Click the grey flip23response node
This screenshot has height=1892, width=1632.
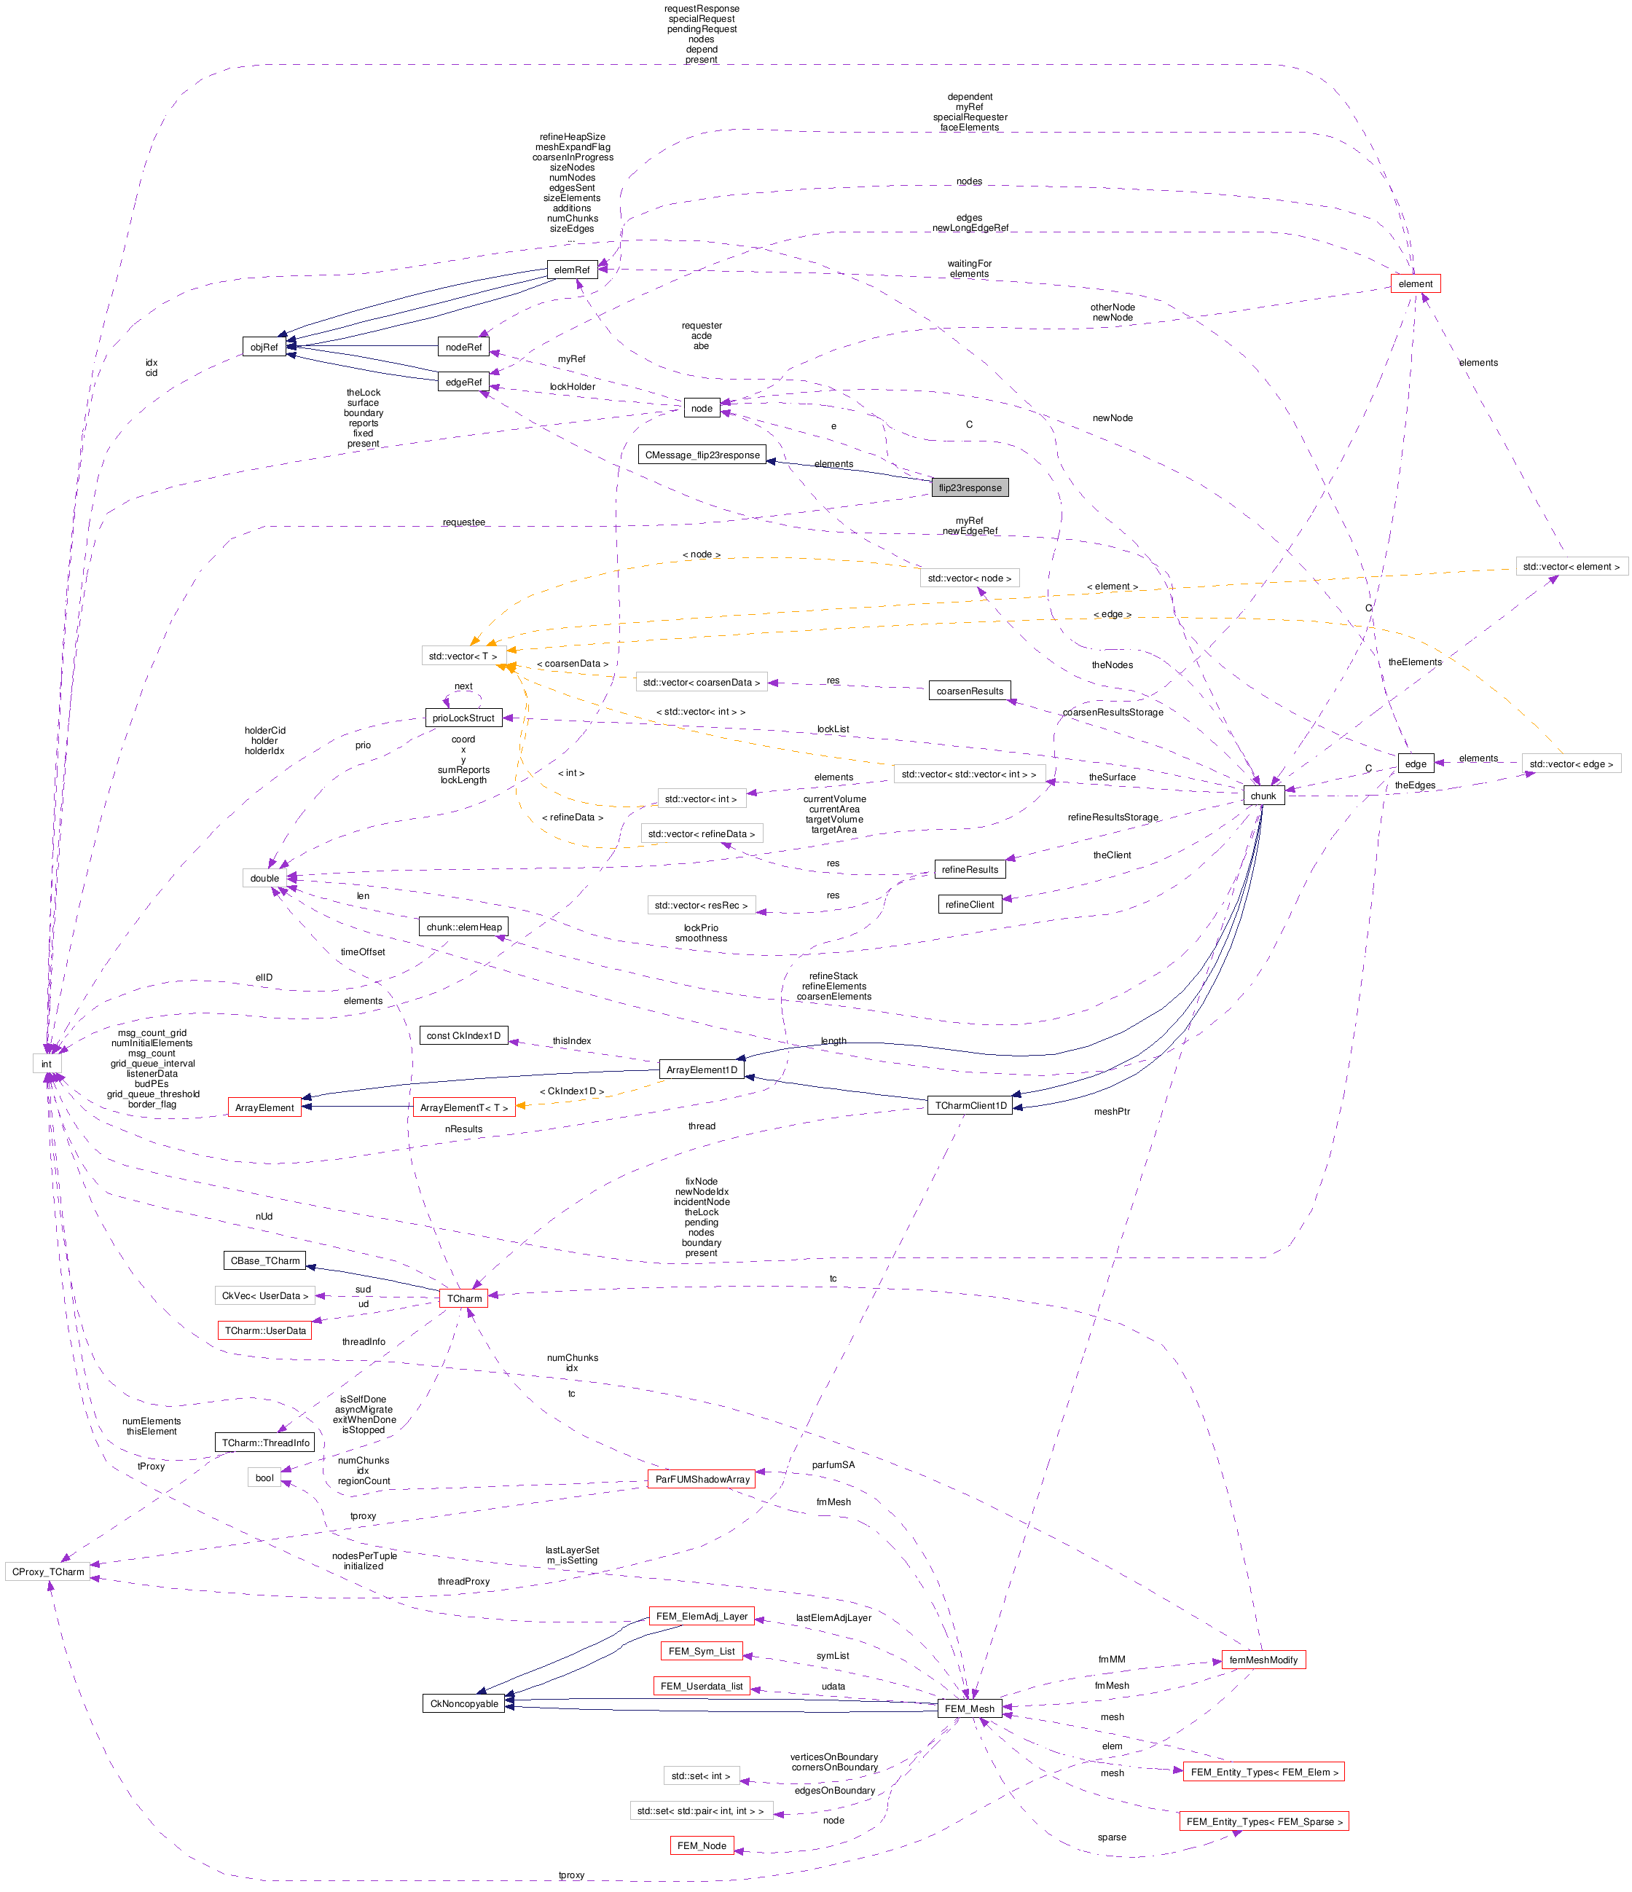coord(969,487)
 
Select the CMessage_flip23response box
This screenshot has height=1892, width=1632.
coord(702,455)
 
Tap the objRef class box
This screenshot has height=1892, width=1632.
coord(264,347)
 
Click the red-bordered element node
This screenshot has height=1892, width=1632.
coord(1415,284)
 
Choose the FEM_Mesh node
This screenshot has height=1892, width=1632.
coord(969,1708)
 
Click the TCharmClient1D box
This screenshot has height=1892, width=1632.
coord(970,1106)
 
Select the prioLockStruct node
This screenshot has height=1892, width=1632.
coord(463,718)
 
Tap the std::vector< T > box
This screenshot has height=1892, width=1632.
coord(463,656)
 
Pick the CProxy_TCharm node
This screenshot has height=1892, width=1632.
coord(48,1572)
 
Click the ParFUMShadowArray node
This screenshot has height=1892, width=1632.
coord(702,1479)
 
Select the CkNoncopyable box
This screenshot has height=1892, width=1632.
coord(464,1704)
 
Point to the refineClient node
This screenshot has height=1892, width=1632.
coord(969,905)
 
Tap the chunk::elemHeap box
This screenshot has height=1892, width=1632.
coord(463,927)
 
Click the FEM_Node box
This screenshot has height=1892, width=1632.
coord(702,1845)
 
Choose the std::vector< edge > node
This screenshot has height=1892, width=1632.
coord(1571,764)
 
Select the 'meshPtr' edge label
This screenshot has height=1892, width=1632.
coord(1112,1111)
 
